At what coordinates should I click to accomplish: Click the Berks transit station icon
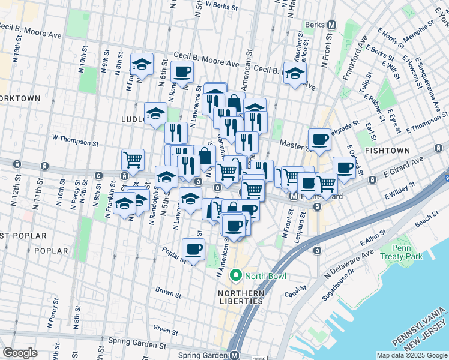[331, 25]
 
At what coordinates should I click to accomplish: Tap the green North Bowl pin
[235, 276]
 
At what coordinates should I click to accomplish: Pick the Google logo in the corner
[20, 352]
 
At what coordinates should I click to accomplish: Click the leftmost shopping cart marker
[133, 160]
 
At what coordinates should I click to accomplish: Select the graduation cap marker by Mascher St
[294, 74]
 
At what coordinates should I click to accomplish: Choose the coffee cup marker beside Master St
[319, 139]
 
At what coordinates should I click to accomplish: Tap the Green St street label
[161, 329]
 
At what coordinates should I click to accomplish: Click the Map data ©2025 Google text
[411, 355]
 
